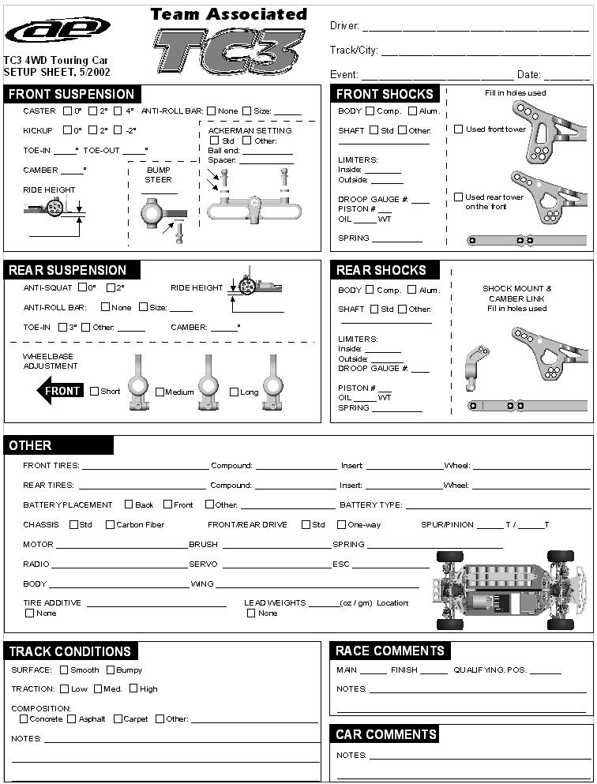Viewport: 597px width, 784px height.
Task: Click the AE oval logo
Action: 58,30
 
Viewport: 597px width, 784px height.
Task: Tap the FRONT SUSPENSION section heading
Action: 71,94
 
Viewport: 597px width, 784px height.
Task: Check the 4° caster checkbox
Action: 118,111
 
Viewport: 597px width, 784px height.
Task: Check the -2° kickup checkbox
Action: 118,130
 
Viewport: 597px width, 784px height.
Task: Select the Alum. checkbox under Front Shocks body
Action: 412,111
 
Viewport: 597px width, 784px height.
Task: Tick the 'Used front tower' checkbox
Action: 459,129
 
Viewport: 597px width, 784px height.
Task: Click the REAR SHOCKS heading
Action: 381,270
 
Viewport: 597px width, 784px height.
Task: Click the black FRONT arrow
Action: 60,391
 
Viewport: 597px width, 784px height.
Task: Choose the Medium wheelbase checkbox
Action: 160,392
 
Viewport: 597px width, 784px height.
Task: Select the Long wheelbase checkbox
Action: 234,392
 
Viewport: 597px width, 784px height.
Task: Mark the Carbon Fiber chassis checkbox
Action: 110,524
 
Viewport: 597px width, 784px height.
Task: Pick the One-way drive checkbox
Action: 341,524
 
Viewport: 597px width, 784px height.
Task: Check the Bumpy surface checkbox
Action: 111,670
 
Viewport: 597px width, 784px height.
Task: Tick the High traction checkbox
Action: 133,688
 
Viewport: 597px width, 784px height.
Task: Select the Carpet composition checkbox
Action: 118,718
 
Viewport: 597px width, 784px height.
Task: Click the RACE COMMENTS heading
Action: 389,651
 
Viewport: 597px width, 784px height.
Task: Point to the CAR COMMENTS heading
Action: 385,734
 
